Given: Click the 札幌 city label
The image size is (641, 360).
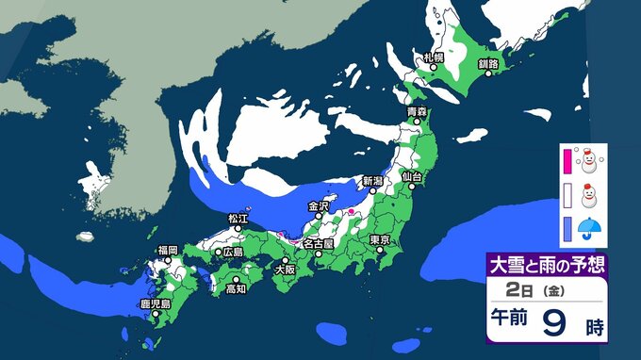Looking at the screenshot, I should click(x=434, y=57).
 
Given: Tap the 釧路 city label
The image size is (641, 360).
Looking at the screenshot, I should click(x=487, y=63).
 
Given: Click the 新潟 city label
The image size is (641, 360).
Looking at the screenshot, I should click(x=374, y=179).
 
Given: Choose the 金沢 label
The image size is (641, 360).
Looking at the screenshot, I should click(x=319, y=205).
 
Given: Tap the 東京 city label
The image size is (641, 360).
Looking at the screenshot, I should click(x=381, y=238).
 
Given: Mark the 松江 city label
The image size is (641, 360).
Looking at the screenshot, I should click(x=238, y=219).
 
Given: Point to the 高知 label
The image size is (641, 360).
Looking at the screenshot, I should click(x=236, y=288).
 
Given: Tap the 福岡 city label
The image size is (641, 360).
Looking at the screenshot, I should click(x=168, y=250).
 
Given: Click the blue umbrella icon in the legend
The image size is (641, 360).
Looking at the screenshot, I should click(x=589, y=229).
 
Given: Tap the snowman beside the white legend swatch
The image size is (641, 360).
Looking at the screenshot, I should click(x=589, y=197).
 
